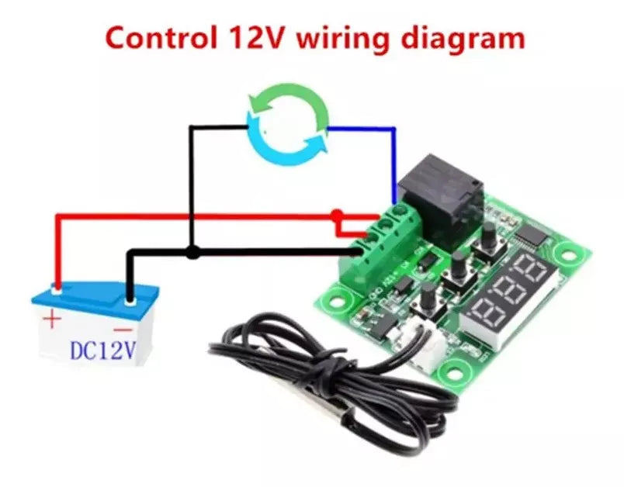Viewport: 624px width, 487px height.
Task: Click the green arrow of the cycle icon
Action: click(286, 105)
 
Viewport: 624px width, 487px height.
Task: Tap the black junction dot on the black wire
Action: click(192, 251)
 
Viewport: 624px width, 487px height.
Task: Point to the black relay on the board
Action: click(440, 199)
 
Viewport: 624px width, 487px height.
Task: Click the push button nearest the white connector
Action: click(428, 297)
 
